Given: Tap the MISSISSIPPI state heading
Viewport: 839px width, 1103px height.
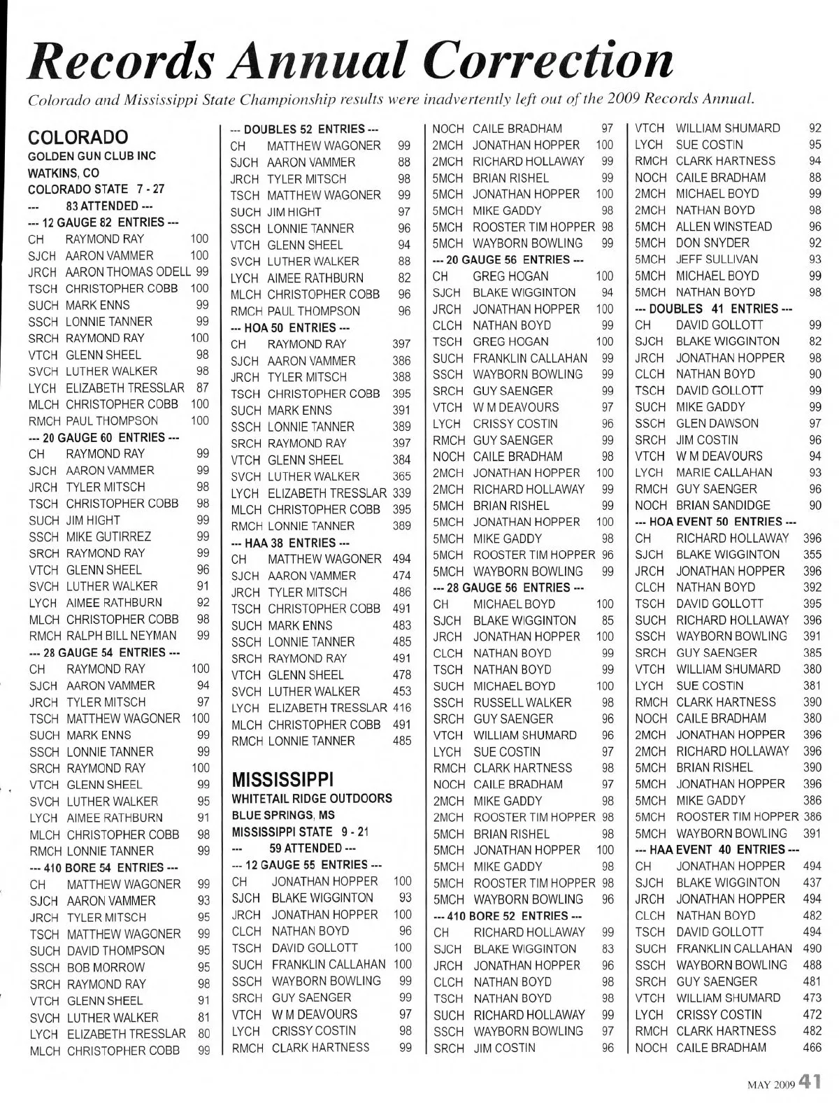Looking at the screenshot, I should click(x=282, y=779).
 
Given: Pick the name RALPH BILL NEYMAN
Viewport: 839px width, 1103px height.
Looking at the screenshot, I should click(x=122, y=636).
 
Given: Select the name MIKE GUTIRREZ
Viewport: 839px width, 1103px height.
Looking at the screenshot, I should click(x=108, y=536).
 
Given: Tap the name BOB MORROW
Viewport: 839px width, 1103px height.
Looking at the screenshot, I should click(x=106, y=967).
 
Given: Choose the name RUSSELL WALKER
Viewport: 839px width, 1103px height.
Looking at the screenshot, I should click(x=522, y=702).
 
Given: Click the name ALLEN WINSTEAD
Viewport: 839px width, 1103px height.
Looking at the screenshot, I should click(x=724, y=227).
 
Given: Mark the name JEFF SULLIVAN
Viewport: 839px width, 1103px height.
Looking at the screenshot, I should click(x=717, y=259).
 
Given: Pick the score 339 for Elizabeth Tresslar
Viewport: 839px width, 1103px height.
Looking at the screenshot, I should click(x=401, y=493).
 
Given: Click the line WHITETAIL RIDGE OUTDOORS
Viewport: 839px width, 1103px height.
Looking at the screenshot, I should click(x=311, y=799).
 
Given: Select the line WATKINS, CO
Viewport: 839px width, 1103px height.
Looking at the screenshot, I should click(x=63, y=173).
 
